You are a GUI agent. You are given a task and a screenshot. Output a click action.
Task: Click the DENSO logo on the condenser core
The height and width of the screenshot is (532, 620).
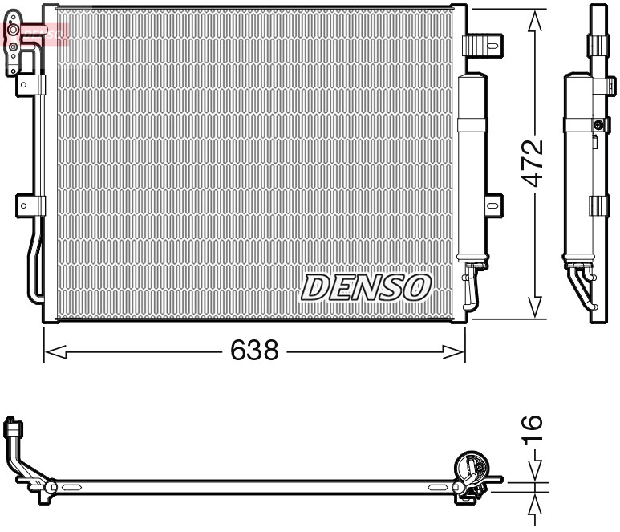point(366,286)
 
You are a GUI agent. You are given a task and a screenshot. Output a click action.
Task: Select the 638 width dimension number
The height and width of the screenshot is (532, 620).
point(254,351)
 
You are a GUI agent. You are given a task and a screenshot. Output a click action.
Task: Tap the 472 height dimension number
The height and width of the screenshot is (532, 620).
point(534,163)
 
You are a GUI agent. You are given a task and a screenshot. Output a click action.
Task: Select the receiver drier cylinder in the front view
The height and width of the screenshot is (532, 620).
point(472,169)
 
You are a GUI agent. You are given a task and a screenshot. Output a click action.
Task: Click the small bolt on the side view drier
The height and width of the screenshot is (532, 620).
point(598,124)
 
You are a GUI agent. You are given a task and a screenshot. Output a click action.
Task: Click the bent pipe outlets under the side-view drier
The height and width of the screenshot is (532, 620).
point(582,287)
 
